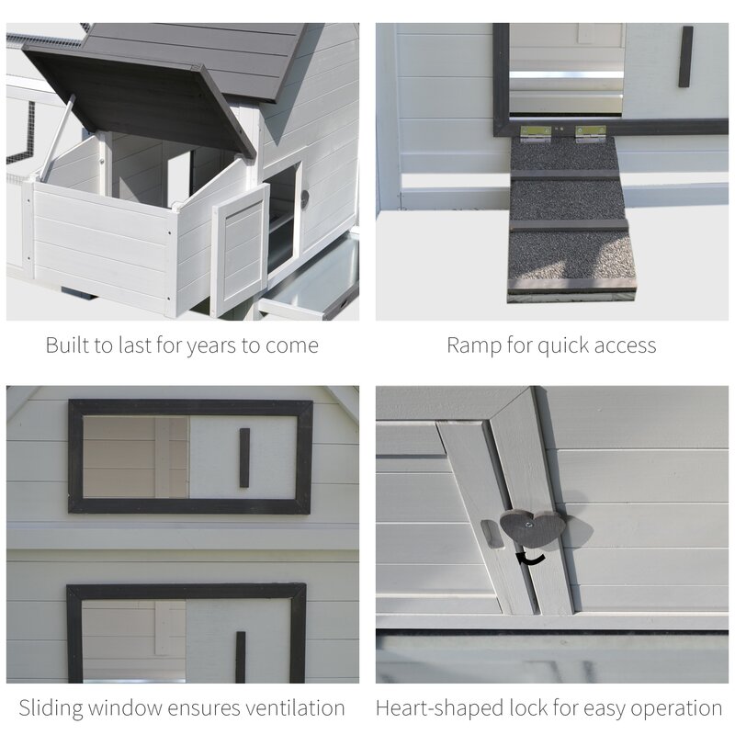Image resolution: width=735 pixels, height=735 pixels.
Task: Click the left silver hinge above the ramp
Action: click(535, 134)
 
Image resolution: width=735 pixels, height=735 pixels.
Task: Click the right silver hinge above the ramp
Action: click(591, 134)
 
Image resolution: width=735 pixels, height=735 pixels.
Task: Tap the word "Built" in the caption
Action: click(68, 345)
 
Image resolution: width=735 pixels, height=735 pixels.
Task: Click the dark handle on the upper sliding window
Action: click(244, 457)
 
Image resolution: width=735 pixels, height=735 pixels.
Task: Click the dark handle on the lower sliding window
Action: click(240, 656)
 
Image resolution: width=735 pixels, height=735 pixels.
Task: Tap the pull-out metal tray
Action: click(312, 280)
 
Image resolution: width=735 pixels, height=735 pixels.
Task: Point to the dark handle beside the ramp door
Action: click(685, 57)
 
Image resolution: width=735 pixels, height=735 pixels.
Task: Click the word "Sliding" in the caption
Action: click(53, 708)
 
